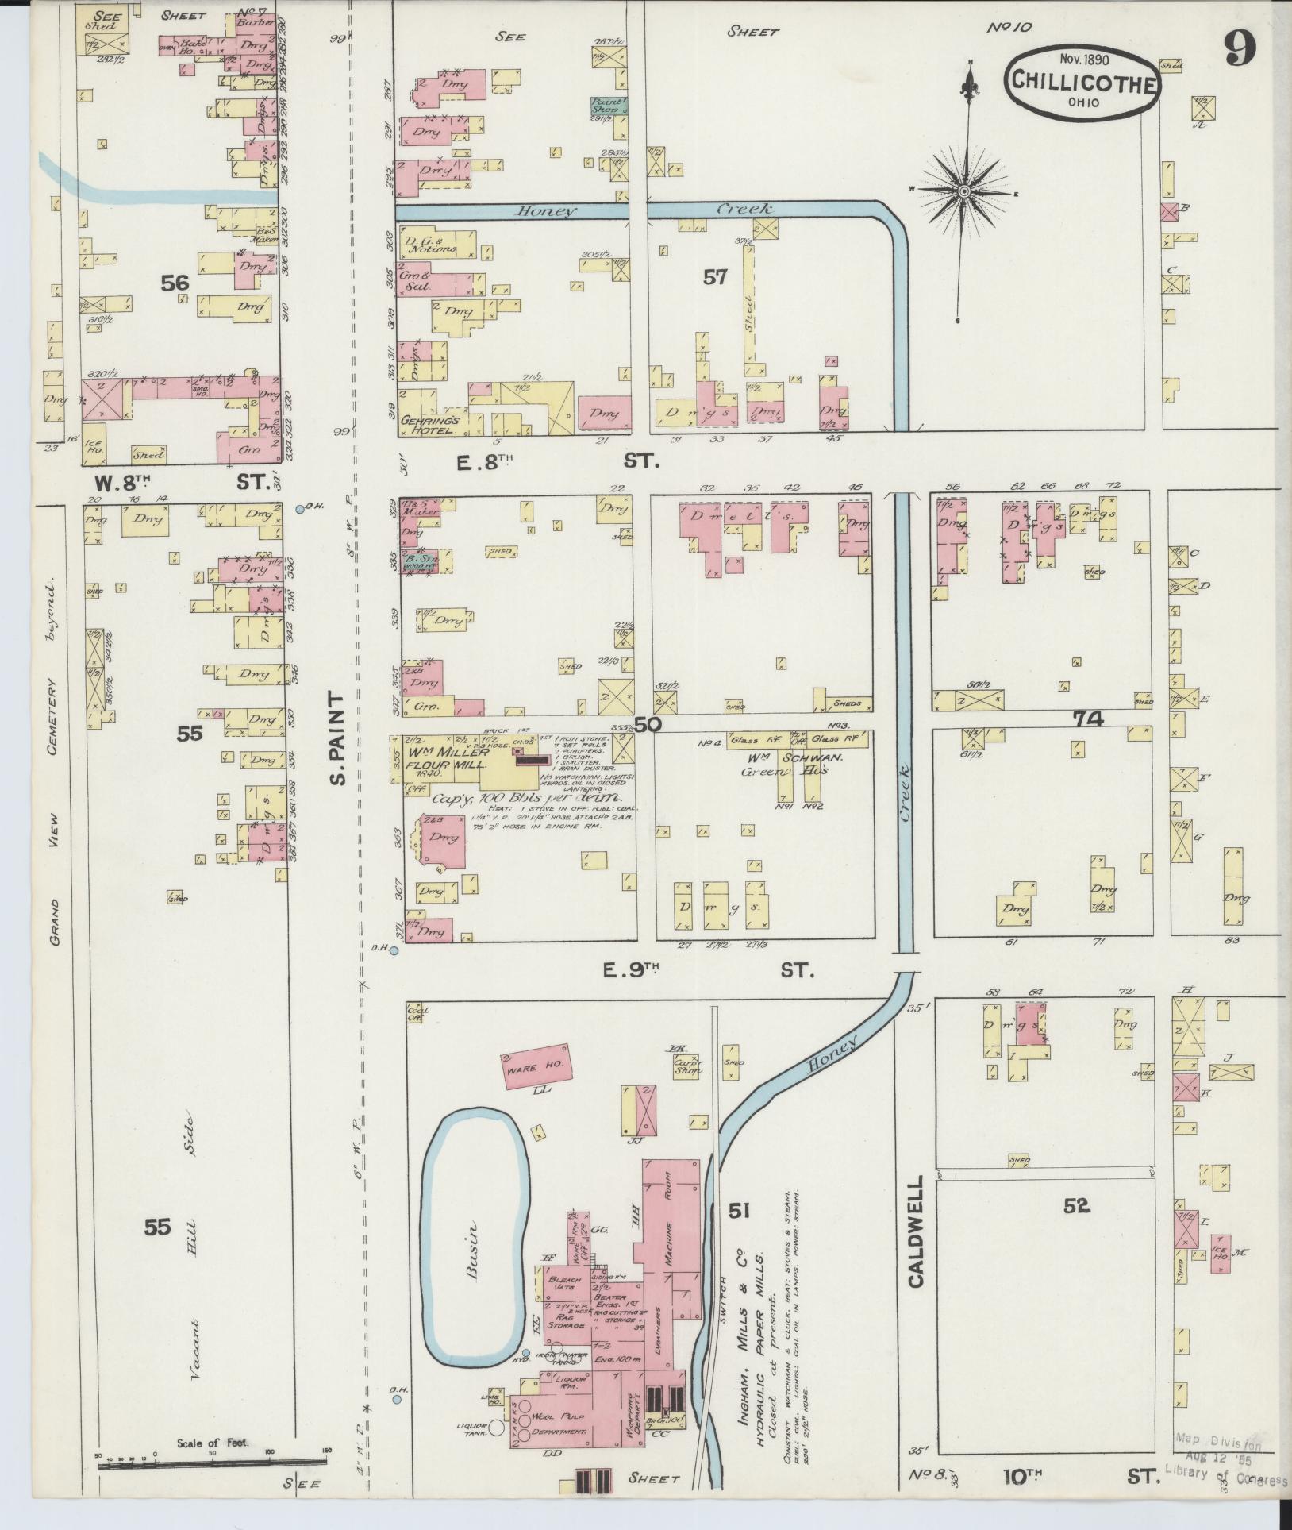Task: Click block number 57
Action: click(x=714, y=277)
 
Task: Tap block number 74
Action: click(x=1087, y=719)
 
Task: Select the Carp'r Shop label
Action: click(x=687, y=1069)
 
